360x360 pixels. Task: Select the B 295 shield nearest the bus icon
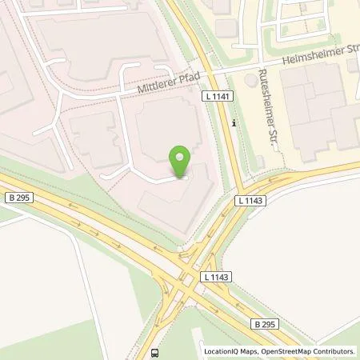pos(266,324)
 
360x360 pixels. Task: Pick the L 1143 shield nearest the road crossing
pos(216,277)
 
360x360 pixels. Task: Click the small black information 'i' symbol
pos(233,123)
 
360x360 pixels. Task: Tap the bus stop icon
pos(153,351)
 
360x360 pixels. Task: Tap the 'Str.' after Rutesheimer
pos(266,137)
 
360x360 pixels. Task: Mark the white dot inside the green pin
pos(182,156)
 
